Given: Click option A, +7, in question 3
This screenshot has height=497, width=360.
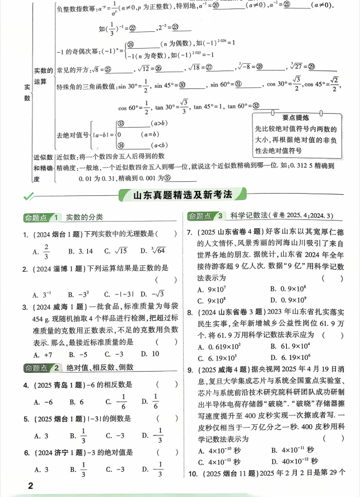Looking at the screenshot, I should coord(43,354).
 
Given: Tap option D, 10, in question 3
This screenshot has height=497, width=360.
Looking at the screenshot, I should coord(150,354).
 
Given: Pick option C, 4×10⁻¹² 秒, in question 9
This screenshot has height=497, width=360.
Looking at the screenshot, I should coord(219,462).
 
